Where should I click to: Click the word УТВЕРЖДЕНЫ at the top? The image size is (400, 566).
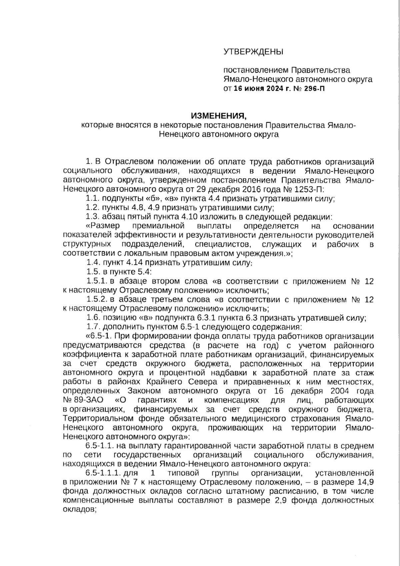click(253, 52)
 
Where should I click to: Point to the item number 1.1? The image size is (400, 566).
click(93, 199)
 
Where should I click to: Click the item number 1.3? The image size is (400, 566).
click(93, 217)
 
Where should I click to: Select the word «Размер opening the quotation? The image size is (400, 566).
click(103, 226)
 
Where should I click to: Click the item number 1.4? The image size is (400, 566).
click(93, 262)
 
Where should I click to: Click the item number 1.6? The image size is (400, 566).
click(93, 318)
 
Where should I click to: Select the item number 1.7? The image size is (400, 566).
click(93, 327)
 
